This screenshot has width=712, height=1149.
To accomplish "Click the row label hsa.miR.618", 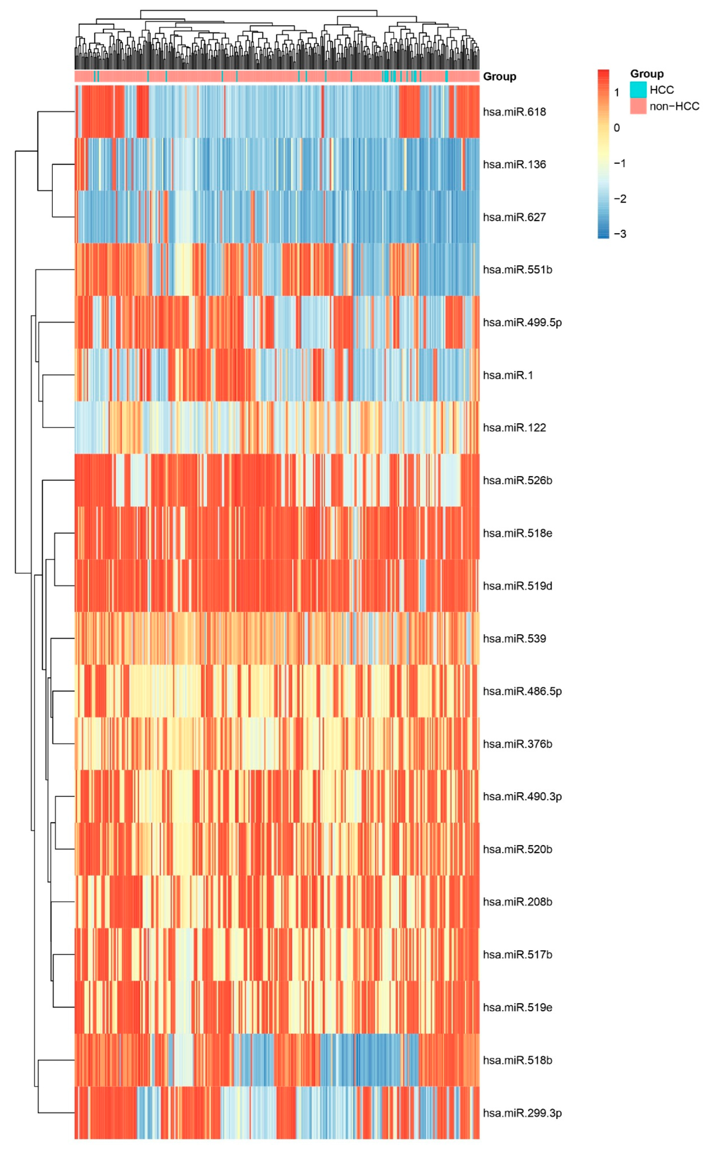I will [x=514, y=112].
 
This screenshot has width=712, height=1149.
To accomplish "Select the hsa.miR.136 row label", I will [x=514, y=165].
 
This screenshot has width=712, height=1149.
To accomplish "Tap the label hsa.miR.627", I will [x=514, y=217].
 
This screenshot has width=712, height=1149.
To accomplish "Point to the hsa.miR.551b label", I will [x=517, y=270].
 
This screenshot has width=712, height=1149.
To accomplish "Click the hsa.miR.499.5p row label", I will [x=522, y=322].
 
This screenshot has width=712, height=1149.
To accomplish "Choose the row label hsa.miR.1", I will [x=508, y=375].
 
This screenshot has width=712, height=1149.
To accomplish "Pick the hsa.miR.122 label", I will [x=514, y=428].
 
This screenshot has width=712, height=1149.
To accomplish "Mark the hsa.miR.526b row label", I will [x=517, y=481].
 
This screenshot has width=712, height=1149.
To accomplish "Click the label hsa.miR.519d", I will [x=517, y=586].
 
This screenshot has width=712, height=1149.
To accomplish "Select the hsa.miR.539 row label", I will [x=514, y=639].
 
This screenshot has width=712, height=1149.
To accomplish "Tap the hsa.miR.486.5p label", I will [x=522, y=691].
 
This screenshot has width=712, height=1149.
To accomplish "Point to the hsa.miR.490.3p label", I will [x=522, y=797].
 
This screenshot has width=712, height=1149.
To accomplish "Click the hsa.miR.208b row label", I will [x=517, y=902].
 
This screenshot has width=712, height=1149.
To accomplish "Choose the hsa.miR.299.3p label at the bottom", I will [x=522, y=1113].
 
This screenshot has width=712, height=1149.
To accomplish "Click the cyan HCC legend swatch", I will [x=638, y=89].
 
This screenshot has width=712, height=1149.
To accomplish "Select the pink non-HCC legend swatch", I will [x=638, y=106].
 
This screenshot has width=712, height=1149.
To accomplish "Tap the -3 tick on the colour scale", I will [x=620, y=234].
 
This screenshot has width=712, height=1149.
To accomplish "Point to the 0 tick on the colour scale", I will [x=616, y=128].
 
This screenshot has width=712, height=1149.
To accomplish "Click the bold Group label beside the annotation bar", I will [x=499, y=77].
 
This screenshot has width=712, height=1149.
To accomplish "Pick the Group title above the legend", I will [x=646, y=74].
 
